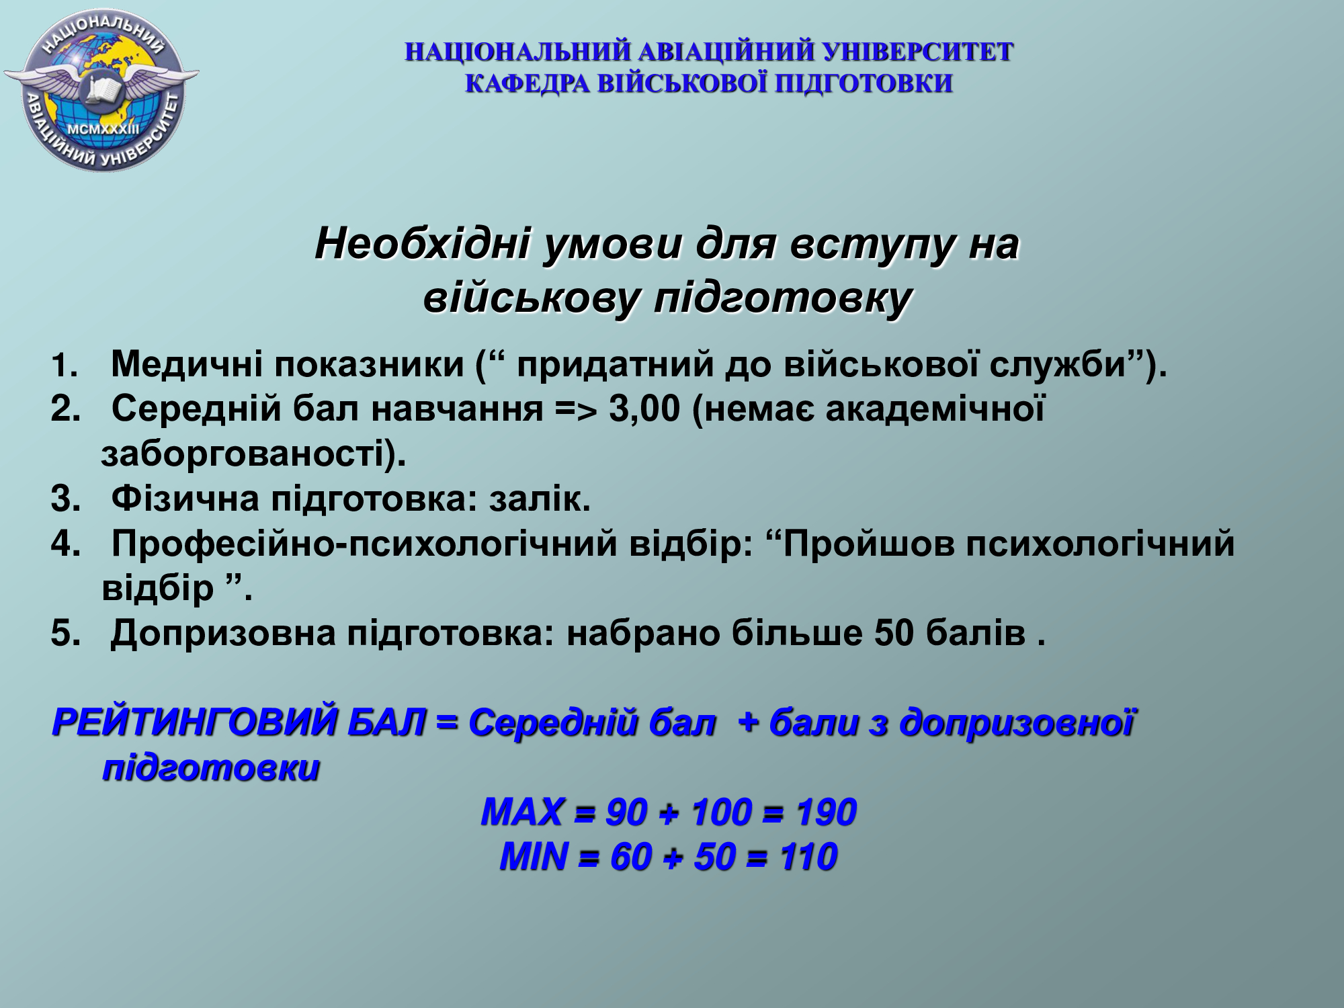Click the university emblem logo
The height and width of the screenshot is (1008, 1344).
pyautogui.click(x=101, y=89)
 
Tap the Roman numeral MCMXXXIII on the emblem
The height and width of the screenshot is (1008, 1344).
pyautogui.click(x=103, y=128)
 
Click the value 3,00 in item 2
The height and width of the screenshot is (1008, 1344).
pyautogui.click(x=645, y=409)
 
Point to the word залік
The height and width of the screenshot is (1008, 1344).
pyautogui.click(x=540, y=499)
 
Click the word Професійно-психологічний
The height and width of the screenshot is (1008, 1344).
pyautogui.click(x=364, y=544)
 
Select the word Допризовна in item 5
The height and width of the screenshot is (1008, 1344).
pyautogui.click(x=223, y=634)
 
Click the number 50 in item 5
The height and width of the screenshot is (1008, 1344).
pyautogui.click(x=894, y=634)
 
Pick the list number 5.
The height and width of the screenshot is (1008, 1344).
pyautogui.click(x=65, y=634)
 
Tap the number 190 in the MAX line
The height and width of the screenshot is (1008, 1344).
pyautogui.click(x=826, y=812)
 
